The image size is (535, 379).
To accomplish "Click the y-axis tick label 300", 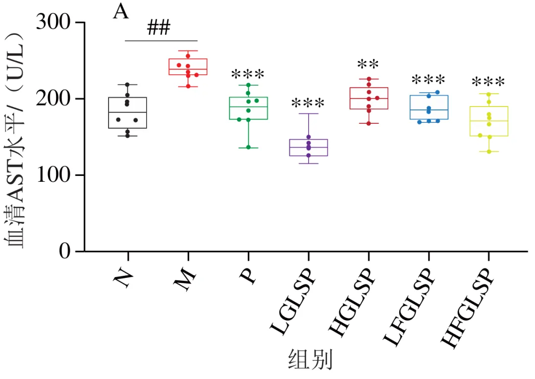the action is [x=53, y=22].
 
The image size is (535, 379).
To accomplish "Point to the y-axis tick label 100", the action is [x=53, y=175].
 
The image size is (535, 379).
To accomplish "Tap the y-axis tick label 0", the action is [x=64, y=251].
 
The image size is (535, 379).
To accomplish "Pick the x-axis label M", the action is [x=185, y=279].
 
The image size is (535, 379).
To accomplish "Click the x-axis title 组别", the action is [x=310, y=360].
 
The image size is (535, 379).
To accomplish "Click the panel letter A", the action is [x=121, y=12].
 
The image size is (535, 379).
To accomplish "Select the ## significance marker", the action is [x=159, y=28].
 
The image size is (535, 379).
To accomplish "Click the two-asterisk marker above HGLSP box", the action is [x=368, y=64].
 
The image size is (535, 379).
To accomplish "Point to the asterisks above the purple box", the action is [x=308, y=103].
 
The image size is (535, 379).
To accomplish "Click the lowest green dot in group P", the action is [x=248, y=147].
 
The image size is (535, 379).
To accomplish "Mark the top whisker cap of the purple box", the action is [x=309, y=113].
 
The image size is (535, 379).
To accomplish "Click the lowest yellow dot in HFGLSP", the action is [x=489, y=152].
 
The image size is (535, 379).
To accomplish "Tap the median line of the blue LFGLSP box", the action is [x=429, y=110].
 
